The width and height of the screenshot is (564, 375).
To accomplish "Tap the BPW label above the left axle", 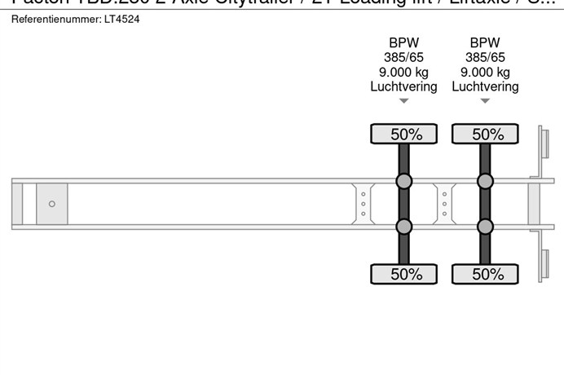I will tap(403, 43).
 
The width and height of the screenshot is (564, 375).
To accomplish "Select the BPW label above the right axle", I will tap(485, 43).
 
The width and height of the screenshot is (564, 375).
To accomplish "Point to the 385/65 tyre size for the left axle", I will tap(403, 58).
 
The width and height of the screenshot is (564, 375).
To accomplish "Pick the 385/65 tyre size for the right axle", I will tap(485, 58).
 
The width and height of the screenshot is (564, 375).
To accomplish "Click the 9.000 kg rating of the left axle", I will tap(403, 72).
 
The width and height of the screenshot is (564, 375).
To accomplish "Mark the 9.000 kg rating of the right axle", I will tap(485, 72).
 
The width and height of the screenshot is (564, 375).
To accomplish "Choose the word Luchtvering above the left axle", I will tap(403, 86).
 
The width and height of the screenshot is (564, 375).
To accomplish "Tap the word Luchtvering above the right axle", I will tap(485, 86).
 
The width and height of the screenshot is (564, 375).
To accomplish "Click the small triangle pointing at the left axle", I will tap(403, 102).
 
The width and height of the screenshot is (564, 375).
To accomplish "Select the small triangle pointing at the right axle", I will tap(485, 102).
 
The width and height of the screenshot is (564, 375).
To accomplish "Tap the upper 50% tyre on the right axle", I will tap(486, 134).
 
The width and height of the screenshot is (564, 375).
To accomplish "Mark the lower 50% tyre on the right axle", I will tap(486, 274).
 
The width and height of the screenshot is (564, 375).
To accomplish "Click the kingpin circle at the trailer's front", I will tap(52, 204).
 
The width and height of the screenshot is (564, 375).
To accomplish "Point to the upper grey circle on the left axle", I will tap(403, 181).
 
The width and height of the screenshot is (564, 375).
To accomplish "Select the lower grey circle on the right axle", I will tap(486, 227).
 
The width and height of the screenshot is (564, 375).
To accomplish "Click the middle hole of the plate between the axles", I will tap(444, 204).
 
